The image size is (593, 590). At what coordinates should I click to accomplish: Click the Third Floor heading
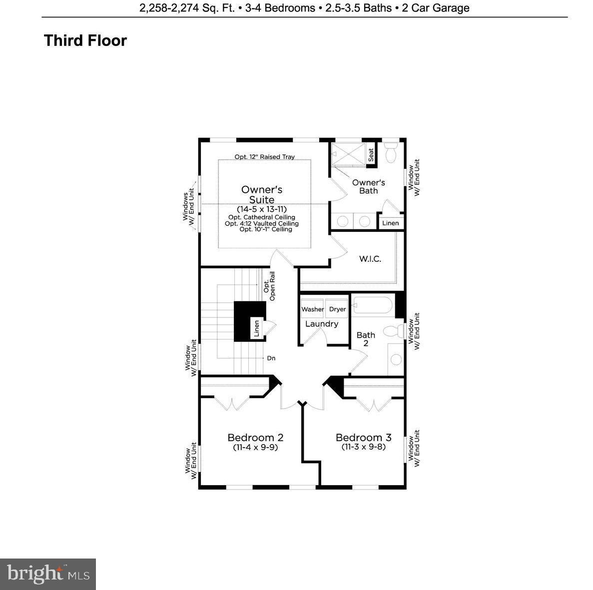85,40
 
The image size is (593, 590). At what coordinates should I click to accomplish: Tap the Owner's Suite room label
262,195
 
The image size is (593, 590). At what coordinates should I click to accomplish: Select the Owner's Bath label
368,186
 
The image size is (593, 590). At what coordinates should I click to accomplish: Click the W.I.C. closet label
370,259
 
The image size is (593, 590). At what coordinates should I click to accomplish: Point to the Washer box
312,309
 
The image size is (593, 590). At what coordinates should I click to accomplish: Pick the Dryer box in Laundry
337,309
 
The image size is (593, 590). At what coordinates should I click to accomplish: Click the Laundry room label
322,324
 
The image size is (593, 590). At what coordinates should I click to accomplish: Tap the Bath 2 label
366,339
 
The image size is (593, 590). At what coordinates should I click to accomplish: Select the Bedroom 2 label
255,438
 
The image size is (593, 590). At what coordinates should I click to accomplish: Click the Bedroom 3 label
363,438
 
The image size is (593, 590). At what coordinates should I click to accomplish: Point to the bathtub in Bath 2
373,306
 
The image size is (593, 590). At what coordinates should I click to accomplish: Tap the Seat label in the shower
371,155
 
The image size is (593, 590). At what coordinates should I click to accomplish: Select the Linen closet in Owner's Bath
391,223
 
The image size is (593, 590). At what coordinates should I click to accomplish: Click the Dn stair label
271,358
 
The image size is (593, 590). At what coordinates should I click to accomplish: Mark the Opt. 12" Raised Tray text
265,157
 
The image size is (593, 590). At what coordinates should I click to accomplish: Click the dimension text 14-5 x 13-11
262,209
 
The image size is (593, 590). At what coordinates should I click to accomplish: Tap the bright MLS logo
48,574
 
